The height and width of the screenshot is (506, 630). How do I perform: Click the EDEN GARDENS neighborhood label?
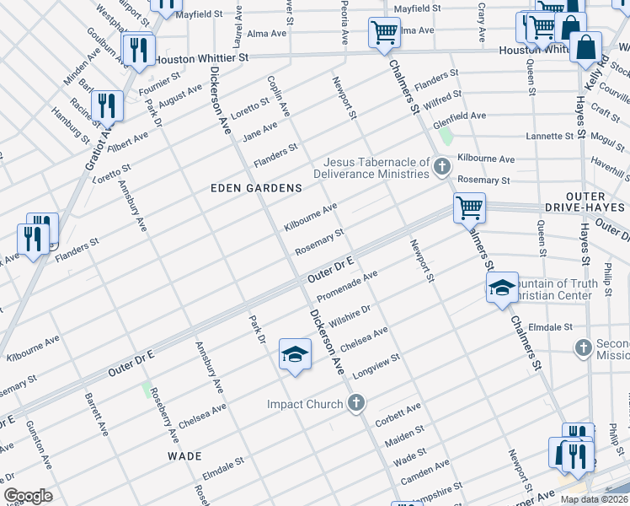[255, 187]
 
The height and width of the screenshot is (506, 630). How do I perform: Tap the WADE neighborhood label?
[184, 455]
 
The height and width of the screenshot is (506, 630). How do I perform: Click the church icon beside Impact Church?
[356, 403]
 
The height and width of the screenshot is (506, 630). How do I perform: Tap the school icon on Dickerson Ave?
[295, 355]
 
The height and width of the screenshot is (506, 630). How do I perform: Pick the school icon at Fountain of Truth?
[501, 289]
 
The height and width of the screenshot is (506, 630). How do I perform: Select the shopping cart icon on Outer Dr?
[469, 207]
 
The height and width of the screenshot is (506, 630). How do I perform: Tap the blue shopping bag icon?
[585, 48]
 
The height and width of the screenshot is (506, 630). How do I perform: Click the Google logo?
[28, 496]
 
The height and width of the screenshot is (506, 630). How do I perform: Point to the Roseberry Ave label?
[164, 417]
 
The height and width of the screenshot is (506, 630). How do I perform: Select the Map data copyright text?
[594, 499]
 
